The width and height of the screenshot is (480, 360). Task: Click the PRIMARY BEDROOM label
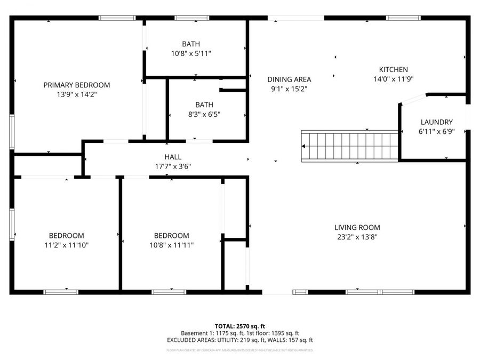tap(77, 85)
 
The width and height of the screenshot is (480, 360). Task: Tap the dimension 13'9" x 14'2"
tap(77, 94)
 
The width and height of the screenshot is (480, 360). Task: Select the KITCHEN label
tap(393, 69)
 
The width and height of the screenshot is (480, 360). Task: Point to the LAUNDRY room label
tap(436, 122)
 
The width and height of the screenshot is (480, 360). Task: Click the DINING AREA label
tap(289, 79)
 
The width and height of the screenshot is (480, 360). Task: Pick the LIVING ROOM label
tap(357, 227)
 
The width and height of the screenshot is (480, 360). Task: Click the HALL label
tap(173, 157)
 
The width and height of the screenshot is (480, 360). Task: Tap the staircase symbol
tap(350, 146)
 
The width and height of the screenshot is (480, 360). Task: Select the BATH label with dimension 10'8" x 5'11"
tap(191, 44)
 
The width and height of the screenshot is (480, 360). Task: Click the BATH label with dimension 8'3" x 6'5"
tap(204, 105)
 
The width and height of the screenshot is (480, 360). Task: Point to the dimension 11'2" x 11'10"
tap(66, 245)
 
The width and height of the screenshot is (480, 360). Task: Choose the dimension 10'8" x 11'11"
tap(171, 245)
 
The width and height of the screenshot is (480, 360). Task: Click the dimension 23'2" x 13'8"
tap(357, 237)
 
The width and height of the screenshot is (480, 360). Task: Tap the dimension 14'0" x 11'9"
tap(393, 79)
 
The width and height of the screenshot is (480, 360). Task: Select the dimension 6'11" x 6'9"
tap(436, 132)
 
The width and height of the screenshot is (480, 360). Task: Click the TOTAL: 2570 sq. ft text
tap(239, 325)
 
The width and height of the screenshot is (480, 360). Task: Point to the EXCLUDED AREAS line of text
tap(239, 340)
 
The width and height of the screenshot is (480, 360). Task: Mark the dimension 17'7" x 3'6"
tap(173, 166)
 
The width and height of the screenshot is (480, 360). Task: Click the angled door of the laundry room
tap(414, 99)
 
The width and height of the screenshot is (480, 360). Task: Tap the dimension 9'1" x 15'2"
tap(289, 89)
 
